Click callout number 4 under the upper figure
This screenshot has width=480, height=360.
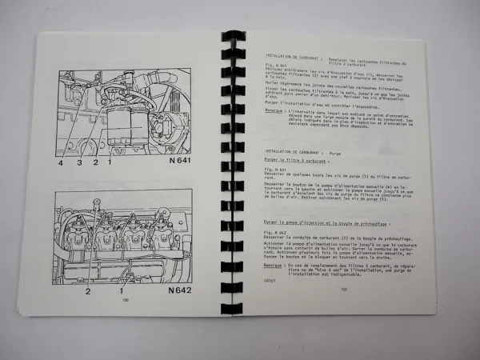(x=59, y=162)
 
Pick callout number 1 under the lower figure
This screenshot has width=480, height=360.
(x=120, y=290)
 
